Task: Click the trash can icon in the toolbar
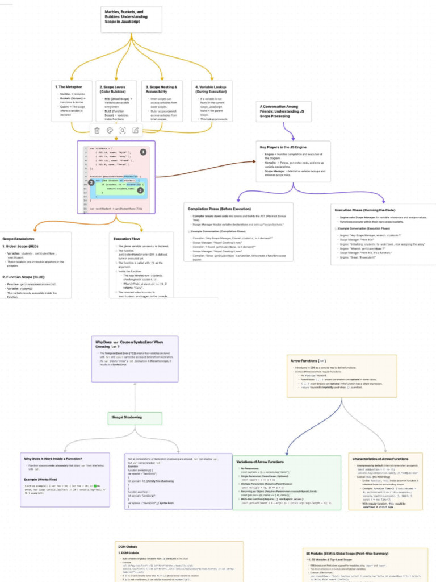[97, 130]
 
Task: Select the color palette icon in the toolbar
[110, 130]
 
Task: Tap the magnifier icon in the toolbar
[123, 130]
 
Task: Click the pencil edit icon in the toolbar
[136, 130]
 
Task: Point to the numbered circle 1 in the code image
[143, 152]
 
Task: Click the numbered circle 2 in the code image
[91, 182]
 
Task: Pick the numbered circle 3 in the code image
[140, 190]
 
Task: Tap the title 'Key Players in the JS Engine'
[283, 147]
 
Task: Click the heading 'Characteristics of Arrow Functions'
[380, 459]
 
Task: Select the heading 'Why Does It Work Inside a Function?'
[53, 458]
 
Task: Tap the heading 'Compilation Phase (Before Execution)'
[219, 209]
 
